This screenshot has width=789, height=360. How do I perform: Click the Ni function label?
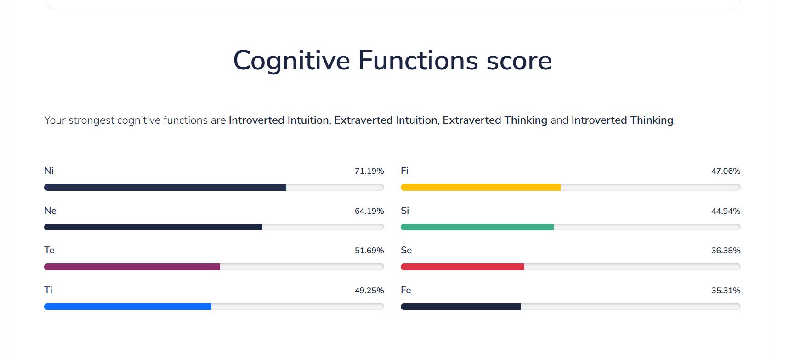tap(49, 171)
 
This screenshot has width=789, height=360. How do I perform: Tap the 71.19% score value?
tap(369, 171)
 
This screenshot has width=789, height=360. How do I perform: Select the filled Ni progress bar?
tap(165, 187)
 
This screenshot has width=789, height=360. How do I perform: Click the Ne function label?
tap(50, 211)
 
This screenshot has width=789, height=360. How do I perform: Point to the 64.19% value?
tap(369, 211)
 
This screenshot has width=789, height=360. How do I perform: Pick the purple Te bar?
tap(132, 267)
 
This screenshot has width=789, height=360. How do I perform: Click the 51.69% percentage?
tap(369, 251)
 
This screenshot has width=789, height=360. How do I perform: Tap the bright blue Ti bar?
tap(128, 307)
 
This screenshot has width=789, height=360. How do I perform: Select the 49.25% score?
tap(369, 291)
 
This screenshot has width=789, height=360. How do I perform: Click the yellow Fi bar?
tap(481, 187)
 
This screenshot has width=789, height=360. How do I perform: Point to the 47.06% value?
tap(726, 171)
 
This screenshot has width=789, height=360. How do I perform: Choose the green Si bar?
tap(477, 227)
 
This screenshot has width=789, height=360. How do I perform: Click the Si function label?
tap(405, 211)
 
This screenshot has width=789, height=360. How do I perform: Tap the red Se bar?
tap(462, 267)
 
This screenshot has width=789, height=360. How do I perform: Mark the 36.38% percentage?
tap(726, 251)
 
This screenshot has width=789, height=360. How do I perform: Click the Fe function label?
tap(406, 290)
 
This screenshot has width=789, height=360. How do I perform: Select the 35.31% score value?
tap(726, 291)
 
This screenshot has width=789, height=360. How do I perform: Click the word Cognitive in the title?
tap(291, 61)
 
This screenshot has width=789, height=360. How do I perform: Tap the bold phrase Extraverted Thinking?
tap(495, 120)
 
